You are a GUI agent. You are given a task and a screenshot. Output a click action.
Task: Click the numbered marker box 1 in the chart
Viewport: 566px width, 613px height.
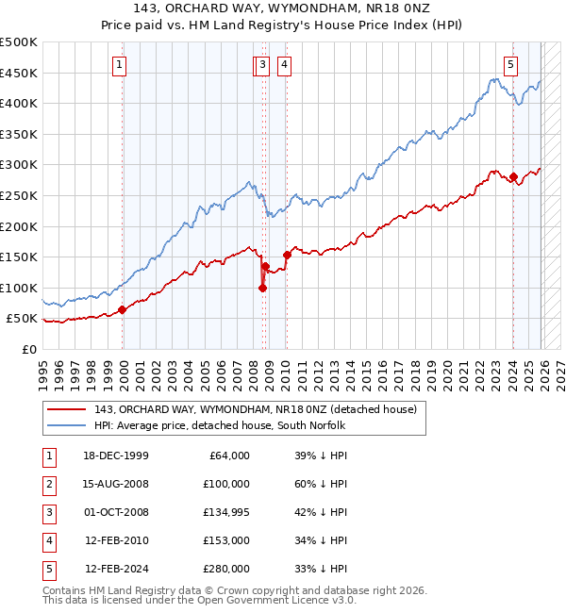pos(120,65)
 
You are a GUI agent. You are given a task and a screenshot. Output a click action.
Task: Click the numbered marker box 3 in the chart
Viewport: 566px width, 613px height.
pos(261,65)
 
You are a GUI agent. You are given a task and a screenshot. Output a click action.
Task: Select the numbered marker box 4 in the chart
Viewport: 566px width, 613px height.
pos(284,65)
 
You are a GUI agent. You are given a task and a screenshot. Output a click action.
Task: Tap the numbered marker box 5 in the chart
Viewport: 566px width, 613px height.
pos(510,65)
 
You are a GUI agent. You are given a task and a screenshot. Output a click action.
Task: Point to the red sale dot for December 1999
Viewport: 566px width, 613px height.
pos(123,309)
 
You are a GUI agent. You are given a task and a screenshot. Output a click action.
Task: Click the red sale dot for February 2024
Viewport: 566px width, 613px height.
pos(513,176)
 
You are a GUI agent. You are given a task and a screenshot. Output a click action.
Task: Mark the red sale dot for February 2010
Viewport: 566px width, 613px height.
pos(287,255)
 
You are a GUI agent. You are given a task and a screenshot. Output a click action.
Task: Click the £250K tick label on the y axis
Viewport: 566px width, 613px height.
pos(20,195)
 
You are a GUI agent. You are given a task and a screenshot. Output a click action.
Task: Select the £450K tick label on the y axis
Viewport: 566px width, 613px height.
pos(20,73)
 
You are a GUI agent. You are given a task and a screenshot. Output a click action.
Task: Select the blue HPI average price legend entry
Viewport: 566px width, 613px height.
pos(220,426)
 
